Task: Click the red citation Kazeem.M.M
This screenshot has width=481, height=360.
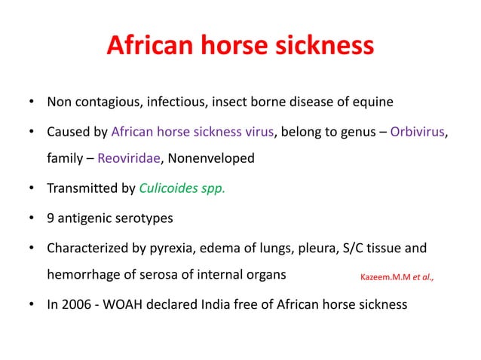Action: pyautogui.click(x=381, y=277)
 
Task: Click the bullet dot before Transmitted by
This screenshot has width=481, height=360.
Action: pyautogui.click(x=30, y=189)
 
